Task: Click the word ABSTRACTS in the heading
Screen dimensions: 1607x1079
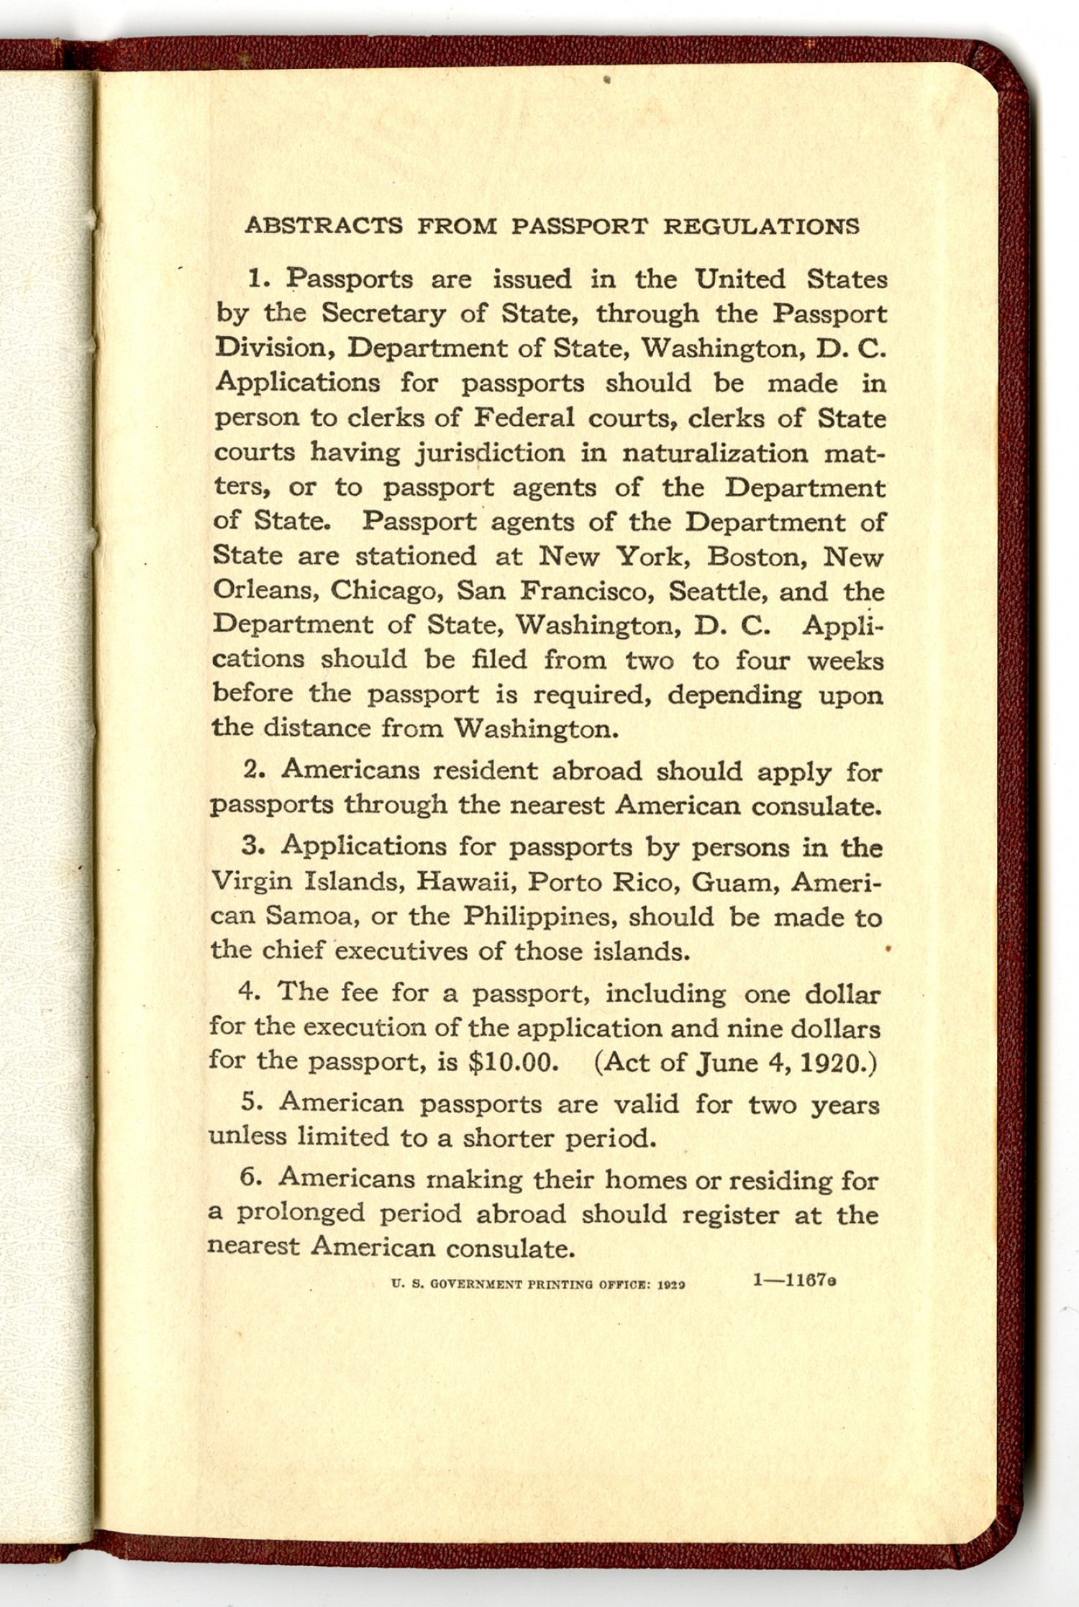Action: (324, 226)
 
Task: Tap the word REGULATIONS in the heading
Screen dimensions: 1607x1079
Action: (761, 226)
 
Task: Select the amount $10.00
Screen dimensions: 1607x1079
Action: (513, 1062)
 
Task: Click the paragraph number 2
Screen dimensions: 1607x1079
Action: (251, 770)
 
